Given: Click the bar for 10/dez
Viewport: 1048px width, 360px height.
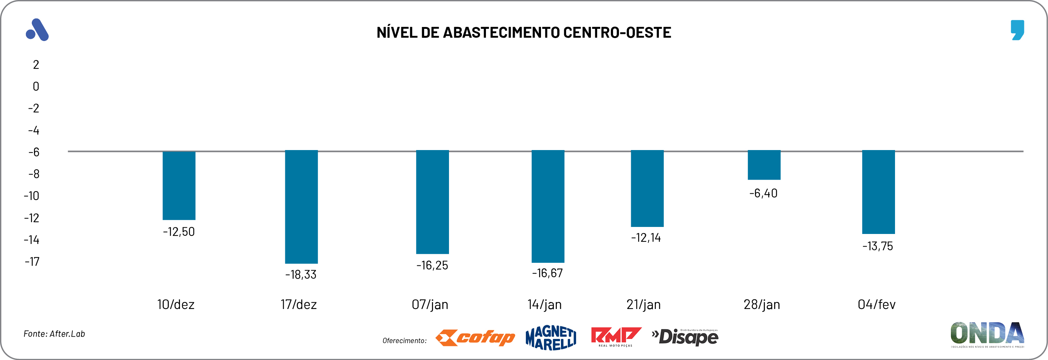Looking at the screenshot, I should pyautogui.click(x=179, y=186).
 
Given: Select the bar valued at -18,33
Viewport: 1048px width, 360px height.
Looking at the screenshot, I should pyautogui.click(x=301, y=207).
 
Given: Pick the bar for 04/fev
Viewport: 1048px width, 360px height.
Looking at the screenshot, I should pyautogui.click(x=878, y=192).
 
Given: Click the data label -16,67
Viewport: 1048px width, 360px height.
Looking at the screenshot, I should pyautogui.click(x=547, y=273).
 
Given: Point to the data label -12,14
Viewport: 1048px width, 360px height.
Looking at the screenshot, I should pyautogui.click(x=646, y=238).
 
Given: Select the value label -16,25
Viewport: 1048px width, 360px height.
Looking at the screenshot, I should pyautogui.click(x=432, y=265).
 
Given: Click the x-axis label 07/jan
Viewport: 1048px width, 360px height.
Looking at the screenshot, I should pyautogui.click(x=430, y=304).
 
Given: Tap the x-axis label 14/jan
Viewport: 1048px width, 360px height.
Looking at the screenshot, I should pyautogui.click(x=544, y=304).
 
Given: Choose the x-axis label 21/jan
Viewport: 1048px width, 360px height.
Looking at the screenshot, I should pyautogui.click(x=643, y=304).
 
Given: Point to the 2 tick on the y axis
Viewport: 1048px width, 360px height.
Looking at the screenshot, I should pyautogui.click(x=36, y=65).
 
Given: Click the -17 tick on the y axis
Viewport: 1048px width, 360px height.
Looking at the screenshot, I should pyautogui.click(x=32, y=262).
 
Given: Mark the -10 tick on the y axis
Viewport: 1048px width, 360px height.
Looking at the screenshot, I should pyautogui.click(x=31, y=196).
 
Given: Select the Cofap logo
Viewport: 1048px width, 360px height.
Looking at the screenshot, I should pyautogui.click(x=475, y=337).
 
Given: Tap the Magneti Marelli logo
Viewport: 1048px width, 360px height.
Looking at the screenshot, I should pyautogui.click(x=551, y=337).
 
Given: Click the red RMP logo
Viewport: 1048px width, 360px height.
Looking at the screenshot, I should pyautogui.click(x=616, y=337).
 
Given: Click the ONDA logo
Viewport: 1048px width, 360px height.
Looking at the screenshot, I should pyautogui.click(x=987, y=334).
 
